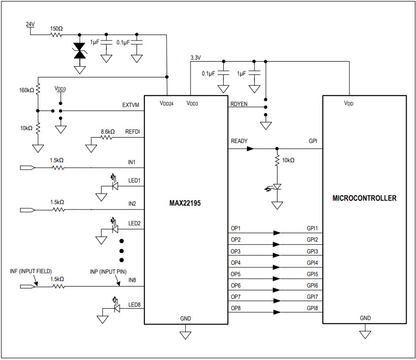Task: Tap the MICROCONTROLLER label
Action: [364, 198]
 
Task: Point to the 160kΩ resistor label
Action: [26, 90]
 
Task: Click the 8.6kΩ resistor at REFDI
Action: [107, 139]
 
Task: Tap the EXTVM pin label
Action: [131, 105]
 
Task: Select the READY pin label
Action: [239, 141]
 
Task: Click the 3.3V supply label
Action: [196, 58]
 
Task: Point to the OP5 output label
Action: [236, 274]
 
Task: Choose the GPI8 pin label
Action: [312, 308]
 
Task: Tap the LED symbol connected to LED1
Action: [115, 186]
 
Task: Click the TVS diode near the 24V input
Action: [79, 51]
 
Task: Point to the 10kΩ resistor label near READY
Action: [288, 161]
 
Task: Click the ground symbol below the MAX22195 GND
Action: [185, 335]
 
